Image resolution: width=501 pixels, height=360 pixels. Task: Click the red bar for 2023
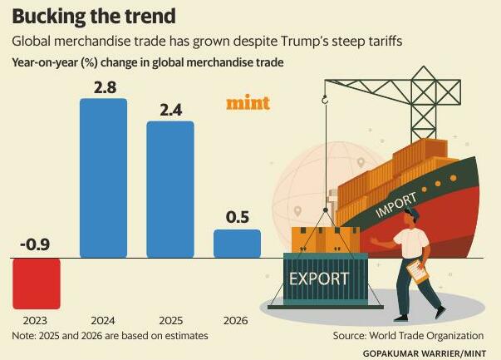click(36, 282)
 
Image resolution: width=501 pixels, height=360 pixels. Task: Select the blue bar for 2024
click(103, 178)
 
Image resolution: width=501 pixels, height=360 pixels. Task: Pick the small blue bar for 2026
click(237, 244)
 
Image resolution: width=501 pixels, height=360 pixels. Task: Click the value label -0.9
click(36, 244)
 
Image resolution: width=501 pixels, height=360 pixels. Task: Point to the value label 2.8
click(103, 86)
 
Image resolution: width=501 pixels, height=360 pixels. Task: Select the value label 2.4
click(170, 108)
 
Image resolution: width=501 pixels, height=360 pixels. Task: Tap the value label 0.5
click(237, 217)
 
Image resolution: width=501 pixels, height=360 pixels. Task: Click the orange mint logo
click(248, 104)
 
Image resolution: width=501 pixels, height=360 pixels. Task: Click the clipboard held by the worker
click(415, 272)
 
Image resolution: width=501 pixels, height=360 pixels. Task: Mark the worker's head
click(414, 218)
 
